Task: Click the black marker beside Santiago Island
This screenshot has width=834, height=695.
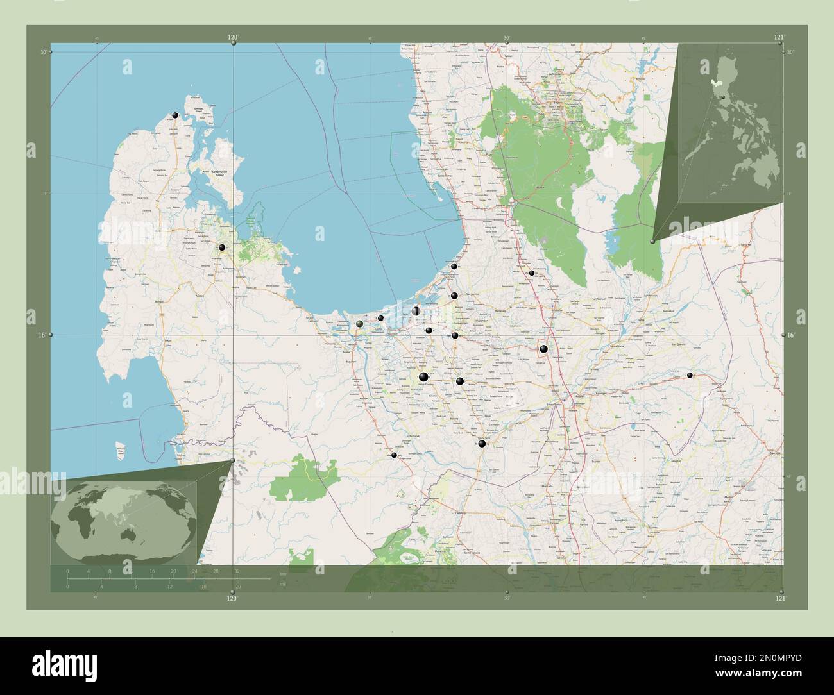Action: click(174, 115)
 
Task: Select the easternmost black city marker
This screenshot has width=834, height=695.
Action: click(690, 375)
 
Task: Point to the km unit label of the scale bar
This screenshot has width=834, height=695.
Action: click(282, 573)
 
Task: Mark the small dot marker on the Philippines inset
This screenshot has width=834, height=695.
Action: click(722, 97)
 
